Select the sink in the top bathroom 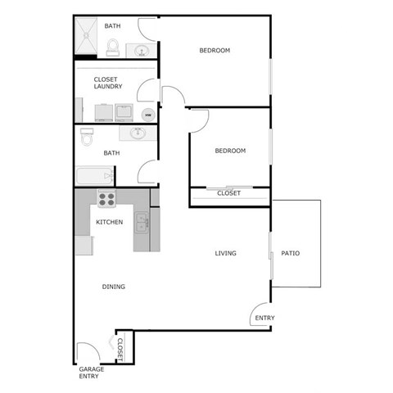click(141, 51)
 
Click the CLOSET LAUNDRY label click(108, 83)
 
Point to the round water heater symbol click(147, 114)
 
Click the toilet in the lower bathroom click(87, 138)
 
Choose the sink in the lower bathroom click(137, 133)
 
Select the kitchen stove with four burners click(107, 197)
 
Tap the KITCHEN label click(110, 223)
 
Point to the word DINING click(114, 287)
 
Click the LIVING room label click(226, 254)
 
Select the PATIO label click(290, 254)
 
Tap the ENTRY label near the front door click(264, 318)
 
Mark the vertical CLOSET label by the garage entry click(120, 350)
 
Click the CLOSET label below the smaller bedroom click(229, 194)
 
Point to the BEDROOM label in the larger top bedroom click(215, 51)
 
